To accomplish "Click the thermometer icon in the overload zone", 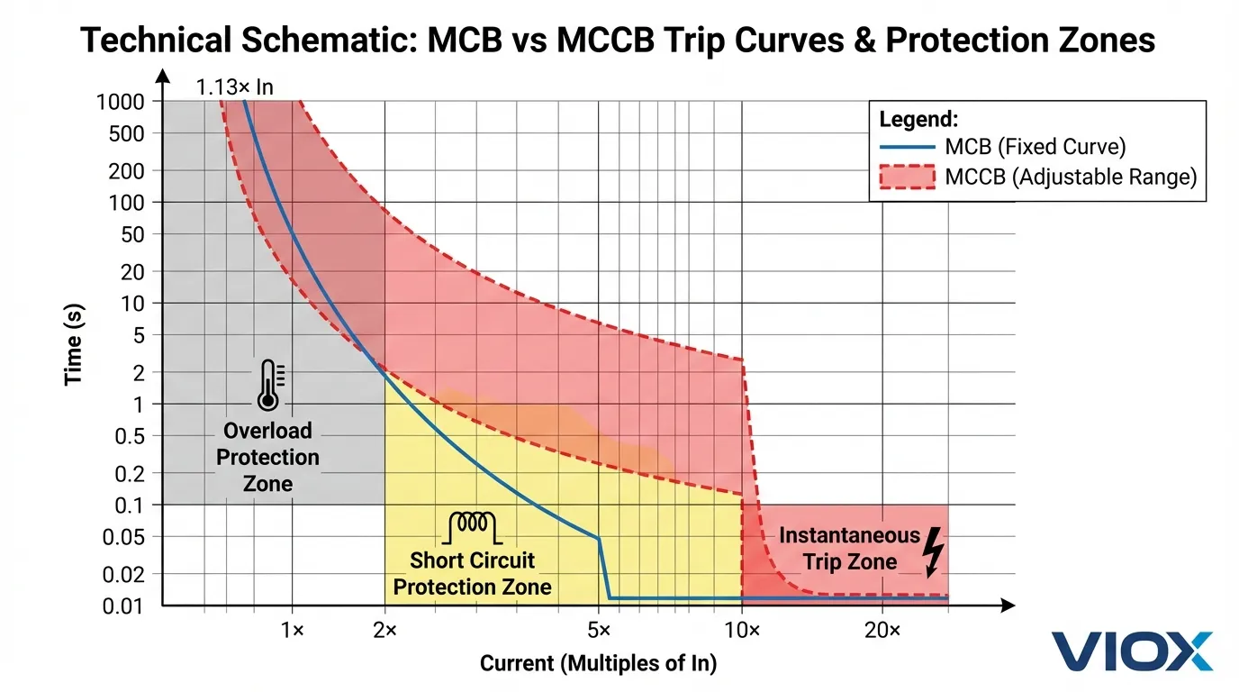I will [x=268, y=386].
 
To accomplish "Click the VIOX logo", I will [x=1132, y=651].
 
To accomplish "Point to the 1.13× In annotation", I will [x=234, y=87].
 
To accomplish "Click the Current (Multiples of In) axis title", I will [x=598, y=665].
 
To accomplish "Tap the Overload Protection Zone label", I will [x=268, y=457].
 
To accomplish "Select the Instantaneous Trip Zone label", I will [x=849, y=549].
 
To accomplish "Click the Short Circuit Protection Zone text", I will [x=473, y=574].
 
